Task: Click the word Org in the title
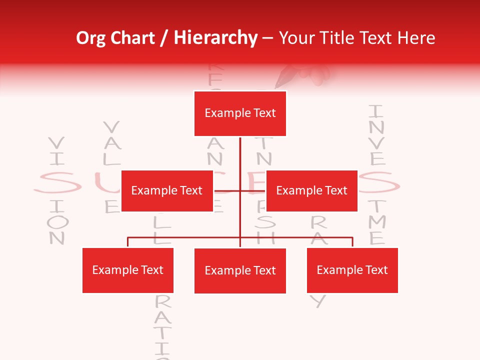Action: pyautogui.click(x=91, y=38)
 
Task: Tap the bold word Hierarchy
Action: pyautogui.click(x=215, y=38)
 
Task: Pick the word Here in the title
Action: pyautogui.click(x=415, y=38)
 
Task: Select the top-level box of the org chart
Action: pyautogui.click(x=240, y=113)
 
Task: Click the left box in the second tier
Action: pyautogui.click(x=167, y=190)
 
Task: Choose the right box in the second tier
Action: pyautogui.click(x=311, y=190)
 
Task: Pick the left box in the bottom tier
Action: pyautogui.click(x=128, y=270)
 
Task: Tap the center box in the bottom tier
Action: pyautogui.click(x=240, y=270)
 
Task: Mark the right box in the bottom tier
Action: pyautogui.click(x=352, y=270)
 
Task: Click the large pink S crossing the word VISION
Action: pyautogui.click(x=57, y=183)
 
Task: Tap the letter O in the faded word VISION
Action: pyautogui.click(x=57, y=221)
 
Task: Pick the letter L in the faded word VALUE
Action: pyautogui.click(x=112, y=159)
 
